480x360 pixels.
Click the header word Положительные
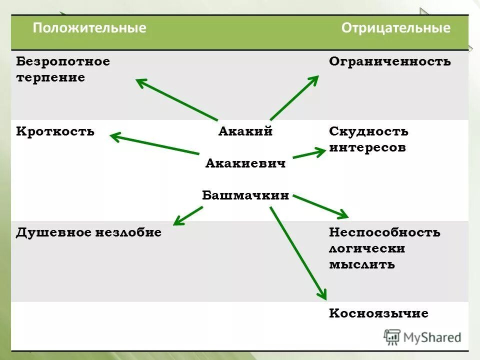(89, 28)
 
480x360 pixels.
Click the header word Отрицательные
(396, 28)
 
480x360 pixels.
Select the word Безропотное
(63, 62)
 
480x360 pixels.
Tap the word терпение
(50, 78)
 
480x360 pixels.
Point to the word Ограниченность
(390, 62)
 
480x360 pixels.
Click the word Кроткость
(55, 132)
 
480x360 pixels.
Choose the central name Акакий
(245, 132)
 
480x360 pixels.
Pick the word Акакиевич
(245, 163)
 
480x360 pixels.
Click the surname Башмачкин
(245, 195)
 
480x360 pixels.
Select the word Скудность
(368, 132)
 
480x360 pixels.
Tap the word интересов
(367, 148)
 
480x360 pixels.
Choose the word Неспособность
(384, 232)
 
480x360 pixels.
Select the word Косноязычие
(378, 314)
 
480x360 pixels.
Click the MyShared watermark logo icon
(392, 337)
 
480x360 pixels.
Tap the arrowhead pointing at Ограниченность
(314, 79)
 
